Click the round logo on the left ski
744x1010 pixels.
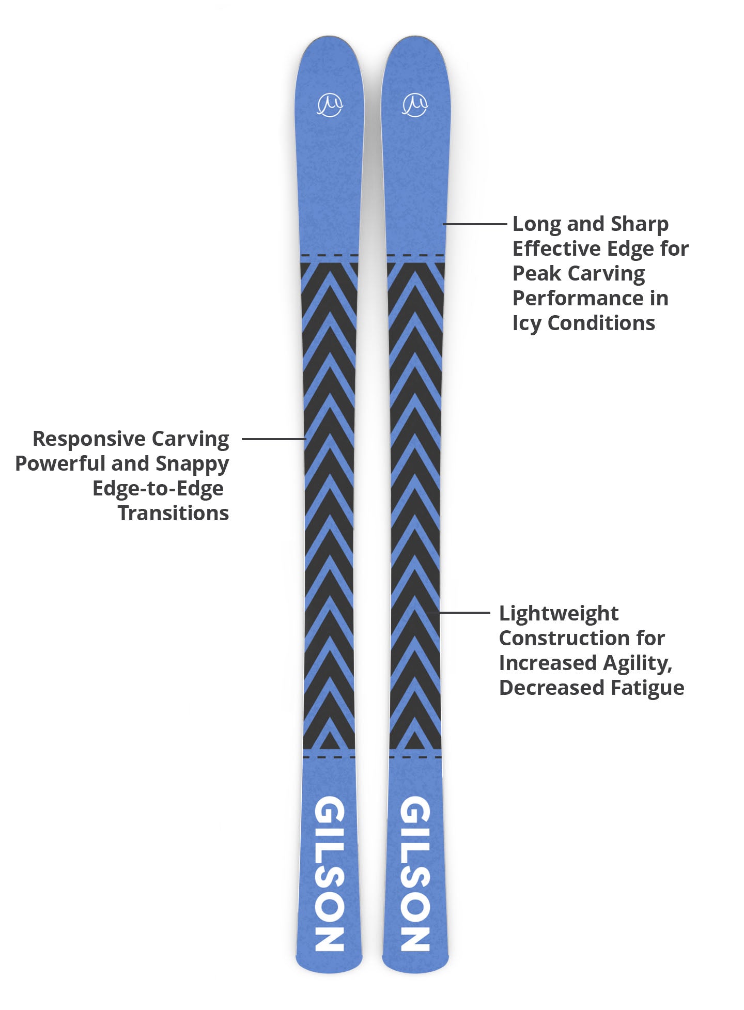[x=330, y=105]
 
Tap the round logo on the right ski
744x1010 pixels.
[x=415, y=105]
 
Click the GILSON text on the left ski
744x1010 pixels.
[x=330, y=874]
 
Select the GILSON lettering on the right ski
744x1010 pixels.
[x=415, y=874]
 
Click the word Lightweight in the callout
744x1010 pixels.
[x=559, y=613]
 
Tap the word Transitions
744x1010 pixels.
[x=173, y=514]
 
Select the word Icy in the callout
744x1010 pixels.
[x=526, y=323]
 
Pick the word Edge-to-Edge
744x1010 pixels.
[x=158, y=489]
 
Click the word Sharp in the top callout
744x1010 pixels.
[x=639, y=224]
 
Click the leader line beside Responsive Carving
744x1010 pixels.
[x=274, y=439]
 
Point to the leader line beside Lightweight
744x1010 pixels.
[x=464, y=613]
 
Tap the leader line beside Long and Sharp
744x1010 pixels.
[x=475, y=224]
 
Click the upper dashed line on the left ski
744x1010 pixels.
[x=330, y=255]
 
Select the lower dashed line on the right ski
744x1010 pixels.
[x=415, y=757]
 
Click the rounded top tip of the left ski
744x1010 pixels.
[x=329, y=40]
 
